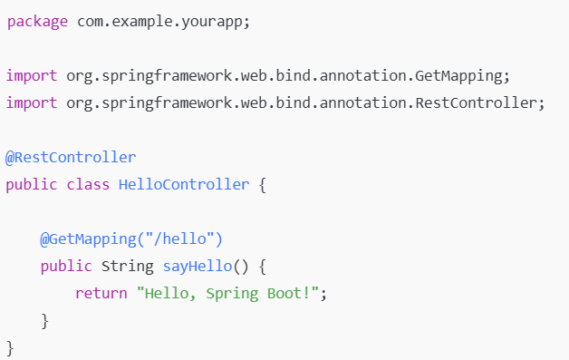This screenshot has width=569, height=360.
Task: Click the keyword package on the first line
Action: [37, 22]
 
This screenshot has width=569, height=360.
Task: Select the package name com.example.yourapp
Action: [159, 22]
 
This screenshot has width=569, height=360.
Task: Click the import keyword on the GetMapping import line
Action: [32, 76]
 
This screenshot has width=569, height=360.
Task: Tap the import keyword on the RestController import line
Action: [32, 103]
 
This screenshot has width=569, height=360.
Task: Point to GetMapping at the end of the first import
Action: [458, 76]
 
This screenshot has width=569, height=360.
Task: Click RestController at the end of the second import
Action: [476, 103]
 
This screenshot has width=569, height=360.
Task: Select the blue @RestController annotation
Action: [71, 158]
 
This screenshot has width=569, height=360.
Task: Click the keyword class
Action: [88, 185]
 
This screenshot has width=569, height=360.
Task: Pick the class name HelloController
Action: [184, 185]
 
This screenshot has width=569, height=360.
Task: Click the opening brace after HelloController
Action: [263, 185]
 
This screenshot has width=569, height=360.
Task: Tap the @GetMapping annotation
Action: [88, 239]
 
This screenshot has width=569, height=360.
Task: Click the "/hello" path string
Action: [180, 238]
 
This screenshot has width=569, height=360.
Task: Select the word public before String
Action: [66, 267]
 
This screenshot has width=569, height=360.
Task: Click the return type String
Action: [128, 267]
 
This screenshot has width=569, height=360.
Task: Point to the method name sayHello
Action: [198, 267]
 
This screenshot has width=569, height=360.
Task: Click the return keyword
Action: [101, 294]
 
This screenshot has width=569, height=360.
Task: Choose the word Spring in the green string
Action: [232, 294]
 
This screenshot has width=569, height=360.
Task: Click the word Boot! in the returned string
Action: [289, 293]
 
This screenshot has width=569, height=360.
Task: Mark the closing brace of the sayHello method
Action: [44, 321]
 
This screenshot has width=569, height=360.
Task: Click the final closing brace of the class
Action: [10, 348]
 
